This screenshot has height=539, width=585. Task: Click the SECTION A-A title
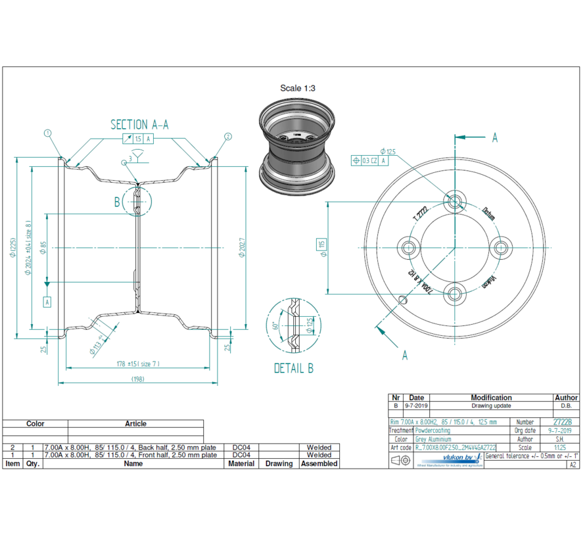pyautogui.click(x=139, y=125)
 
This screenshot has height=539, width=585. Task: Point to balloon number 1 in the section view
pyautogui.click(x=47, y=133)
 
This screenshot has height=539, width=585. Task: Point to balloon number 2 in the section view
pyautogui.click(x=228, y=137)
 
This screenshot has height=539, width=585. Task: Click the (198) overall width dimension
pyautogui.click(x=138, y=379)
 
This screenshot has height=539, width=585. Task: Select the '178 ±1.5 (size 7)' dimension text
pyautogui.click(x=138, y=363)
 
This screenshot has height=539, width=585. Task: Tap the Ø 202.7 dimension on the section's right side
pyautogui.click(x=241, y=246)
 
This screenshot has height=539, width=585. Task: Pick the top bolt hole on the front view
pyautogui.click(x=455, y=200)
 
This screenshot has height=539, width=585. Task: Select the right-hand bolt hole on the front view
pyautogui.click(x=502, y=248)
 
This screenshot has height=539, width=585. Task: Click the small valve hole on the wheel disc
pyautogui.click(x=404, y=300)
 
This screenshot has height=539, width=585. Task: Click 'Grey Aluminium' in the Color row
pyautogui.click(x=433, y=439)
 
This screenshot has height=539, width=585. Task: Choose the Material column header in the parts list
pyautogui.click(x=241, y=463)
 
